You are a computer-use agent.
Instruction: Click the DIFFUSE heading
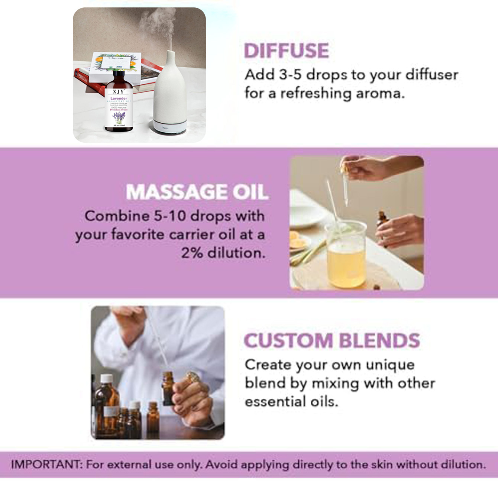pyautogui.click(x=286, y=51)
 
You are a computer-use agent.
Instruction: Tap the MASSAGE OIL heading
pyautogui.click(x=197, y=192)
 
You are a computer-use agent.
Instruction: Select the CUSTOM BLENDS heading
pyautogui.click(x=332, y=340)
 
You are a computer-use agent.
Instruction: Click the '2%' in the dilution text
pyautogui.click(x=192, y=253)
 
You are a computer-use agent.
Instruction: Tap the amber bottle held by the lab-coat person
pyautogui.click(x=168, y=388)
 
